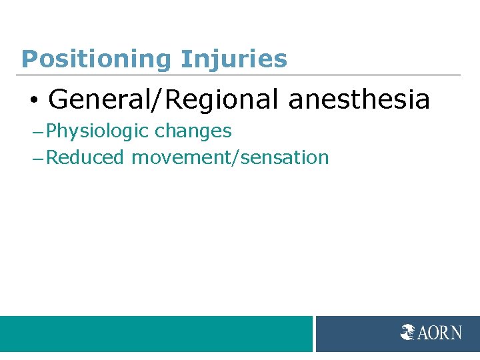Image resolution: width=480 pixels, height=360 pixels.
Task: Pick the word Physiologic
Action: (x=98, y=131)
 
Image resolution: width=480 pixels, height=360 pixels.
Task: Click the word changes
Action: (x=193, y=131)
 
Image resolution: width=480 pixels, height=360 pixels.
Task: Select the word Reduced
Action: (x=85, y=157)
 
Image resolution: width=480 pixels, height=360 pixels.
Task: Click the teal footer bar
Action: (x=156, y=333)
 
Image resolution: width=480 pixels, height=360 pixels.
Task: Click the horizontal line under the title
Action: (x=240, y=75)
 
